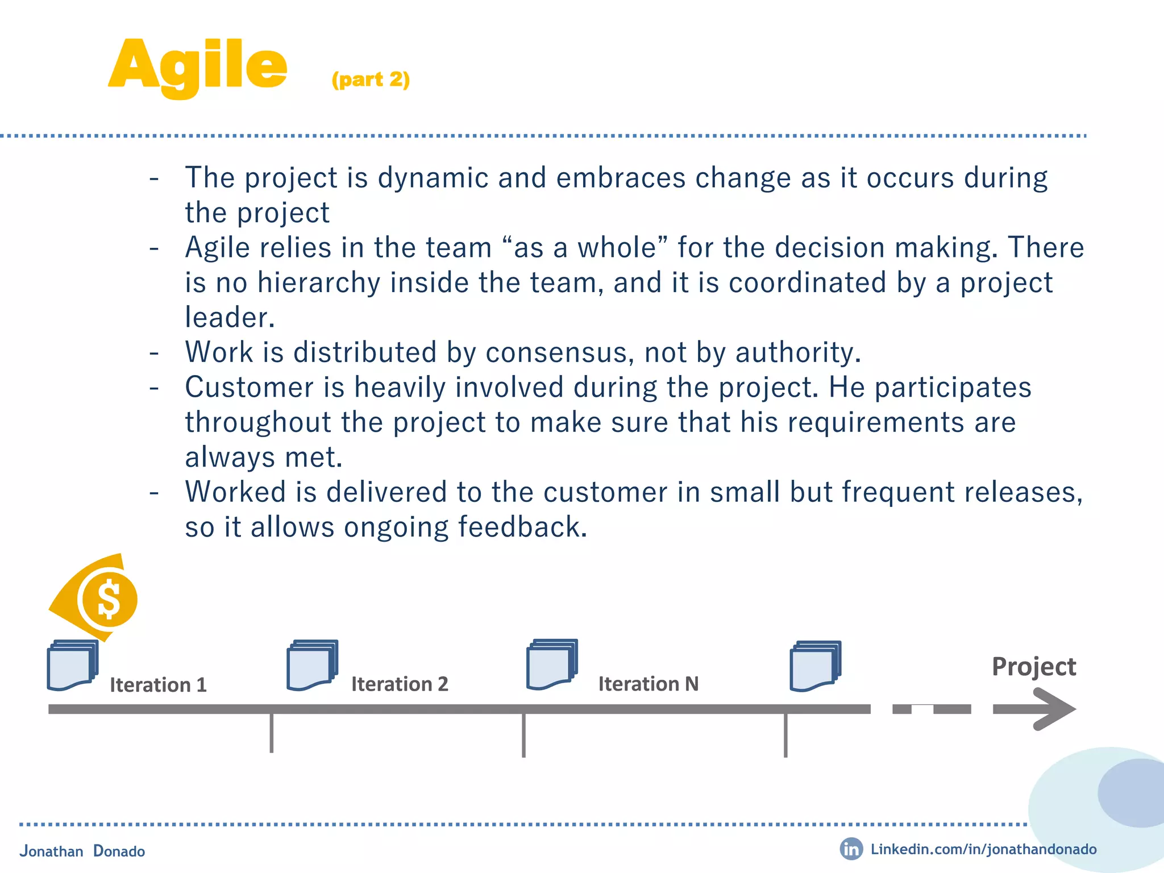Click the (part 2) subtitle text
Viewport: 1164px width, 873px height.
pyautogui.click(x=371, y=80)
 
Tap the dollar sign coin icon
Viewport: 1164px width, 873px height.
pyautogui.click(x=109, y=600)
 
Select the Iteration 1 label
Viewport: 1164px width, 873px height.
pyautogui.click(x=158, y=685)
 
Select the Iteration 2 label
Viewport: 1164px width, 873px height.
pyautogui.click(x=400, y=684)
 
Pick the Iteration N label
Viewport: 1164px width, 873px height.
pyautogui.click(x=648, y=684)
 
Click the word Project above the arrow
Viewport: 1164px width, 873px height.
pyautogui.click(x=1033, y=667)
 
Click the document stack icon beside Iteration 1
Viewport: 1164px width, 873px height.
pyautogui.click(x=72, y=665)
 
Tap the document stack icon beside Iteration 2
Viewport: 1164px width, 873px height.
pyautogui.click(x=312, y=665)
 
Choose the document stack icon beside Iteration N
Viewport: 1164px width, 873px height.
pyautogui.click(x=552, y=664)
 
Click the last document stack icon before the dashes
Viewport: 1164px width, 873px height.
pyautogui.click(x=815, y=666)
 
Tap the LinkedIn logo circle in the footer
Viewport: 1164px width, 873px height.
pyautogui.click(x=851, y=849)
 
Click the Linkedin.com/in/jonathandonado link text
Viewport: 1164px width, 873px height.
pyautogui.click(x=983, y=849)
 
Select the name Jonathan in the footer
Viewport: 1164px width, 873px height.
pyautogui.click(x=51, y=851)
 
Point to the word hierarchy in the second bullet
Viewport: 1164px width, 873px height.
pyautogui.click(x=318, y=283)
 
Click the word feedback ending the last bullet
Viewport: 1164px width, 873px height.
pyautogui.click(x=522, y=527)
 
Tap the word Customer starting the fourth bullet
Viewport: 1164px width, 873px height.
pyautogui.click(x=249, y=388)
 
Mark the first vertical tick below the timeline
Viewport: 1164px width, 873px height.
pyautogui.click(x=272, y=733)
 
